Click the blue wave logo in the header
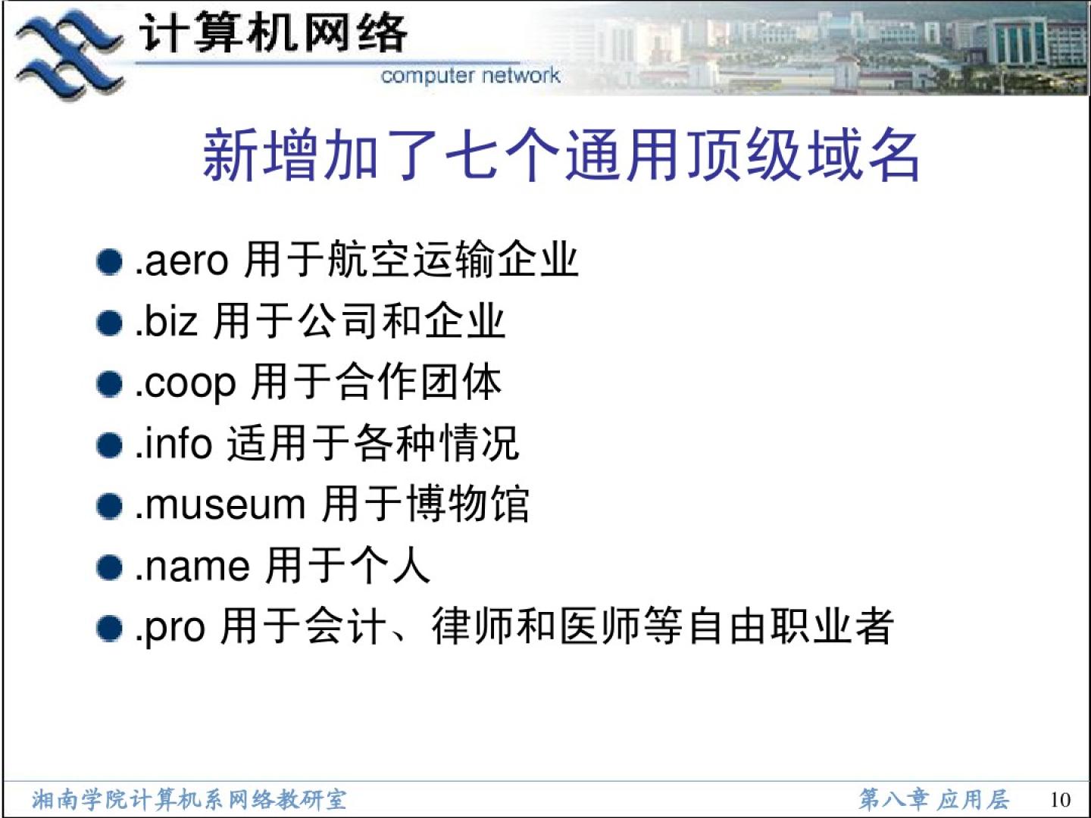69,54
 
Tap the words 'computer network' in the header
470,76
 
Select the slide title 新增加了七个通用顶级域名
561,155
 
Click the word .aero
182,261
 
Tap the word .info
173,442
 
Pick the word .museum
220,504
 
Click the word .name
192,567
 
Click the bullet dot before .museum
109,506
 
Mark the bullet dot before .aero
109,262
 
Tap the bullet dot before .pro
109,629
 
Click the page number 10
1060,800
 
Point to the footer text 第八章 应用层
934,799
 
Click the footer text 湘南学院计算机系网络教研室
189,800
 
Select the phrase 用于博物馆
426,504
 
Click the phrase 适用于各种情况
374,442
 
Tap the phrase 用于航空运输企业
411,260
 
